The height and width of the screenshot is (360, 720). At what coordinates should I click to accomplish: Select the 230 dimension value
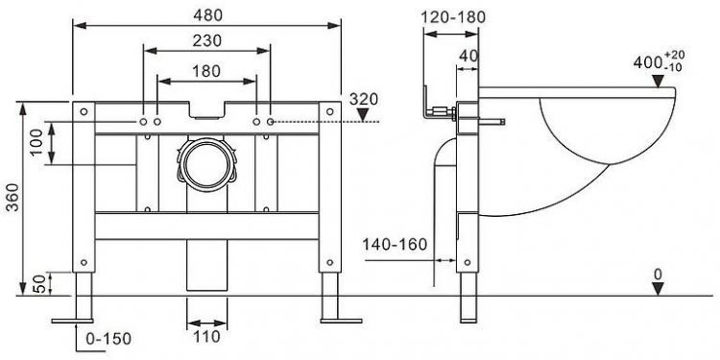click(206, 41)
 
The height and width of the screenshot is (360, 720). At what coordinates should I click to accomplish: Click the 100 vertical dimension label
click(36, 144)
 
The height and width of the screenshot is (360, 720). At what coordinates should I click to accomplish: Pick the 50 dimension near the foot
click(36, 283)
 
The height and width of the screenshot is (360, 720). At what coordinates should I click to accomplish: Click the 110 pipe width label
click(205, 337)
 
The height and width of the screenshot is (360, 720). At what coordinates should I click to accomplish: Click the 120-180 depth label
click(452, 16)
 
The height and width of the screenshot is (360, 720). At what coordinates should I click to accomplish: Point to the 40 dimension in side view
click(468, 57)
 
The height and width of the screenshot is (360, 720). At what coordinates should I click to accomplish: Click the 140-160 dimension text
click(395, 246)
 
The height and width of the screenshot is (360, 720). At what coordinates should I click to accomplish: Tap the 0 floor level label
click(657, 275)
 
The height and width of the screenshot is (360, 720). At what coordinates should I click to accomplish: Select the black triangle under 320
click(363, 115)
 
